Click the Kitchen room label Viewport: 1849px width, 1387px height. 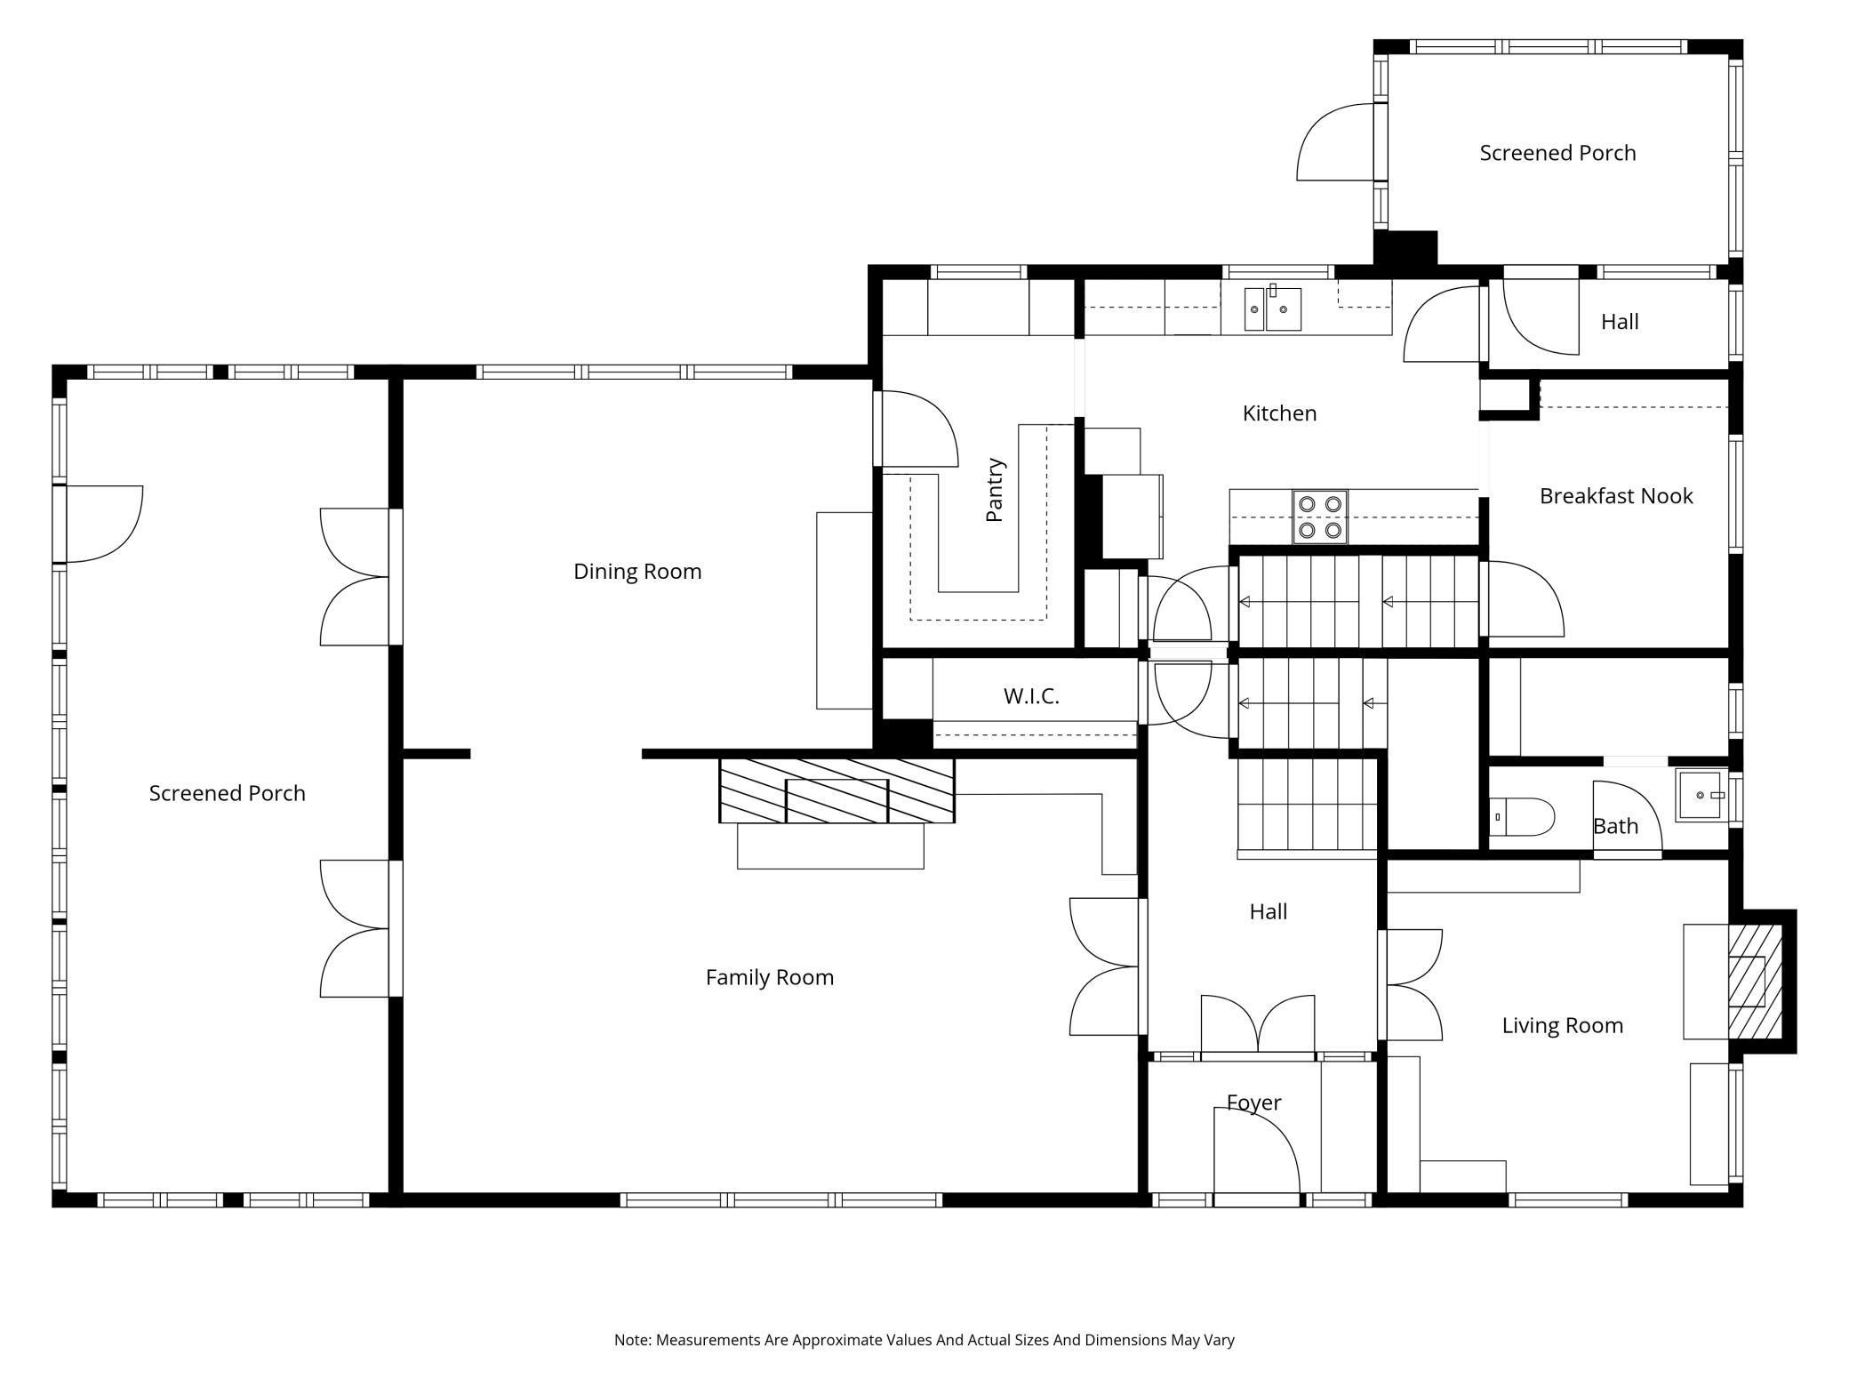1279,413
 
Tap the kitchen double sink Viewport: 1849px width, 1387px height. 1272,309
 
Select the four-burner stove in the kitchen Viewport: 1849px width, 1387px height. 1320,517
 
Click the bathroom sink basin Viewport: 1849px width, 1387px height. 1701,795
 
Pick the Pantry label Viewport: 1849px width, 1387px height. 995,490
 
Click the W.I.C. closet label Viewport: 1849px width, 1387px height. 1031,696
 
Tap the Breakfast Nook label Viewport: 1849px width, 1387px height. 1615,496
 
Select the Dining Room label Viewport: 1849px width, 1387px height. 637,572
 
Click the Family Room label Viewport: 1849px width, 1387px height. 770,978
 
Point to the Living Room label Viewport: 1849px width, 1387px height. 1562,1026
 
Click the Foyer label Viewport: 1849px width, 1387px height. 1253,1103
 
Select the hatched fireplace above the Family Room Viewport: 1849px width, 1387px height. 836,790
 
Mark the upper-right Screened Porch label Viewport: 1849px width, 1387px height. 1557,153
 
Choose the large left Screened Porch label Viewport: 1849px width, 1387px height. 227,794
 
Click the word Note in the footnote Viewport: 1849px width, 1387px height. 632,1340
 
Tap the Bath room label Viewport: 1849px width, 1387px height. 1615,827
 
